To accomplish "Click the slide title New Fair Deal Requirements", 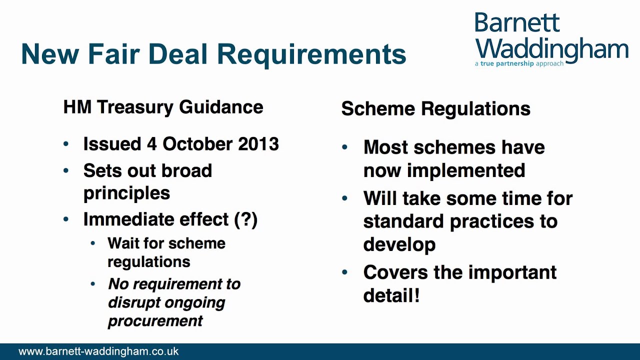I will click(x=213, y=54).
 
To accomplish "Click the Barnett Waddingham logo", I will click(x=551, y=37).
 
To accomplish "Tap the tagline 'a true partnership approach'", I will click(x=519, y=64).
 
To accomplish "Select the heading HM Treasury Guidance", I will click(x=163, y=107).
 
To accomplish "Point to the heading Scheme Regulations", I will click(x=435, y=108).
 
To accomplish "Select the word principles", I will click(x=126, y=193).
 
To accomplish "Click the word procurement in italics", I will click(x=155, y=320).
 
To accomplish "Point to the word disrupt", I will click(x=132, y=302).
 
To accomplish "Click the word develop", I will click(x=399, y=244).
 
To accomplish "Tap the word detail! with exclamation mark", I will click(x=391, y=295).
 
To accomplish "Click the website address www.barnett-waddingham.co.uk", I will click(x=98, y=351).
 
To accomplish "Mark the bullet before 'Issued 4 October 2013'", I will click(x=66, y=144).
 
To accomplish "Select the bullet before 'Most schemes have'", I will click(x=345, y=147).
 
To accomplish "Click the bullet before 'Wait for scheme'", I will click(x=93, y=244).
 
